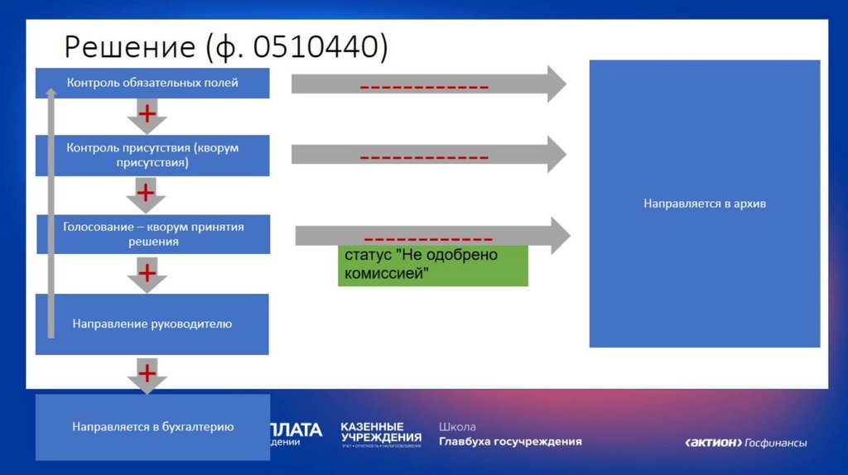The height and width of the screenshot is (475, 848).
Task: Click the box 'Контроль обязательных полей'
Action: [x=152, y=83]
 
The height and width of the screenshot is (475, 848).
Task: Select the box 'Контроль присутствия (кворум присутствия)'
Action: [x=152, y=156]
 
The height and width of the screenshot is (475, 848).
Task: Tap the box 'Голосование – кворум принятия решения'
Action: [x=153, y=234]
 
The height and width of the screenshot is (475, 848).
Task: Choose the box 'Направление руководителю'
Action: [x=152, y=324]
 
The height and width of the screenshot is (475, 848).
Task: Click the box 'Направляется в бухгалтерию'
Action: [x=152, y=427]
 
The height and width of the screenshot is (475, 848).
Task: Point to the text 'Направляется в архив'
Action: [x=704, y=203]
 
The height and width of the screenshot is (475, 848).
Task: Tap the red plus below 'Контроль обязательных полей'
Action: [x=146, y=113]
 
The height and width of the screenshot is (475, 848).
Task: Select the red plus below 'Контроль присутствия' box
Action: [x=146, y=194]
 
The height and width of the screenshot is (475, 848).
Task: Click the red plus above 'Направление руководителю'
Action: [x=147, y=272]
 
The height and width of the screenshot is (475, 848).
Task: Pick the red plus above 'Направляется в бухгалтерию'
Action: [x=147, y=373]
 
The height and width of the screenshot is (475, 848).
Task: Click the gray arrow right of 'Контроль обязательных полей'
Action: [x=428, y=84]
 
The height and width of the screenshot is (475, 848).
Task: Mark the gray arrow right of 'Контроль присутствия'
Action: [x=428, y=154]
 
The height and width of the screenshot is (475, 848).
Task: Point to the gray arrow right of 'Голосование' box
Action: [x=432, y=235]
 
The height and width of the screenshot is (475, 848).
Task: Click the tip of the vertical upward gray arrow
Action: [x=51, y=91]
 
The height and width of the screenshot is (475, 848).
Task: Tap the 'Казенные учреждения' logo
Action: [x=381, y=434]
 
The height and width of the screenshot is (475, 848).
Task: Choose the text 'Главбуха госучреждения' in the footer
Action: [x=510, y=441]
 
